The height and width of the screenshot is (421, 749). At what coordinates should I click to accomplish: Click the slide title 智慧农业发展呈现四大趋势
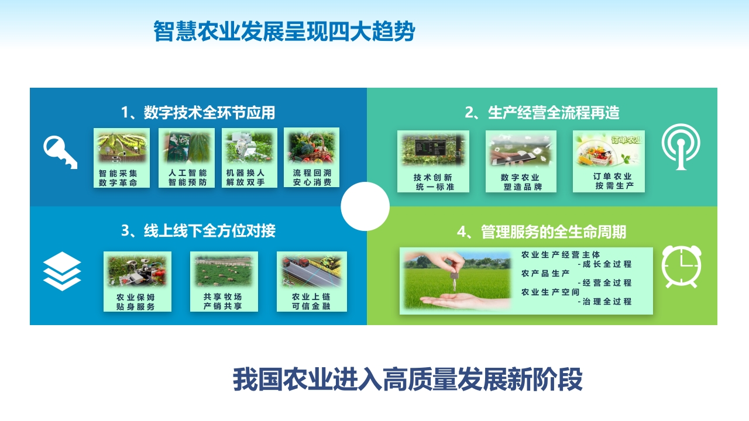(x=284, y=31)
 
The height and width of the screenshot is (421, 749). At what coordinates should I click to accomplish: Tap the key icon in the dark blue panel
(x=60, y=152)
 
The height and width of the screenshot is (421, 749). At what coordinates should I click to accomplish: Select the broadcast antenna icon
(x=681, y=146)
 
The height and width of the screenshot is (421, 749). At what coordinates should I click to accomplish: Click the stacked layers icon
(x=62, y=271)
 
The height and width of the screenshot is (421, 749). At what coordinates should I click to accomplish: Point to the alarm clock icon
(x=682, y=267)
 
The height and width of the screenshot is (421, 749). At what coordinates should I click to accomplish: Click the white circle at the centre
(x=365, y=206)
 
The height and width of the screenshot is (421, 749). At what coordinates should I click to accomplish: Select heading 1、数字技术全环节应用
(x=198, y=113)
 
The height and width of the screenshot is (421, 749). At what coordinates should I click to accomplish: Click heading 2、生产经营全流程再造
(x=542, y=113)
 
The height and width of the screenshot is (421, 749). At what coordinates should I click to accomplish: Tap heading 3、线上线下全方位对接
(x=198, y=231)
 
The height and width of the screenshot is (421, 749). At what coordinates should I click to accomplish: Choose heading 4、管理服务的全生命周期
(x=541, y=232)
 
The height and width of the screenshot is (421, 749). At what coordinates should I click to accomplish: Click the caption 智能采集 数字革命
(x=118, y=178)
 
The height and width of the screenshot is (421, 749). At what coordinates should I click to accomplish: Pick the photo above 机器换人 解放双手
(x=249, y=148)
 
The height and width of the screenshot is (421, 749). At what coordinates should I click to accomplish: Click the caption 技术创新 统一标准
(x=434, y=182)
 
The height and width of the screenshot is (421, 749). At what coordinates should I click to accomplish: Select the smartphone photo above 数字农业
(x=521, y=150)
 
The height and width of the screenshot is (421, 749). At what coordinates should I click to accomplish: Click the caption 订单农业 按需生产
(x=613, y=181)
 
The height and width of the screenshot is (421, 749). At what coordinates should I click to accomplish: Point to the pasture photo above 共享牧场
(x=224, y=271)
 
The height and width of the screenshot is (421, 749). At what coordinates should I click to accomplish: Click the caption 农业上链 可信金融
(x=311, y=301)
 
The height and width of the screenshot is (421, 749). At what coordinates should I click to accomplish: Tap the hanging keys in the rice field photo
(x=454, y=280)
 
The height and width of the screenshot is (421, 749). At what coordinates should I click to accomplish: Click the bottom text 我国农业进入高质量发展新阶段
(x=408, y=379)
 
